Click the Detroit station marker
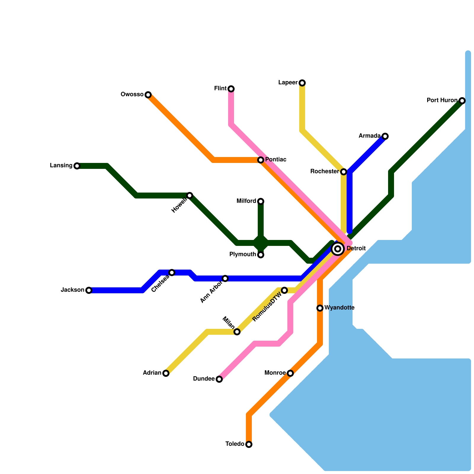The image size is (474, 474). pyautogui.click(x=338, y=249)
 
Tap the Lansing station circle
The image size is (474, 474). pyautogui.click(x=77, y=166)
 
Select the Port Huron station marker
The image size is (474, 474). pyautogui.click(x=462, y=101)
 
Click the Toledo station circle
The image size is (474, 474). pyautogui.click(x=249, y=444)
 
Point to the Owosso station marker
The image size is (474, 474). pyautogui.click(x=148, y=95)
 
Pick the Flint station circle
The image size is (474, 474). pyautogui.click(x=231, y=89)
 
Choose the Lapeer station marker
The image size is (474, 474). pyautogui.click(x=302, y=83)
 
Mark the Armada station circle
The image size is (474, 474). pyautogui.click(x=385, y=136)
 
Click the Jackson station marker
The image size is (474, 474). pyautogui.click(x=89, y=290)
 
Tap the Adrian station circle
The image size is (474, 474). pyautogui.click(x=166, y=373)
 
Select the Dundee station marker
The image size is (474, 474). pyautogui.click(x=219, y=379)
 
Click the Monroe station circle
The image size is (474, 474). pyautogui.click(x=290, y=373)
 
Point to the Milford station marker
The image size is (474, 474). pyautogui.click(x=261, y=201)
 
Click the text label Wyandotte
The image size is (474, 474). pyautogui.click(x=339, y=308)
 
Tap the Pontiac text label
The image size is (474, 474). pyautogui.click(x=276, y=160)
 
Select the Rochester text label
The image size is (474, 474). pyautogui.click(x=324, y=172)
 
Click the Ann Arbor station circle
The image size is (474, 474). pyautogui.click(x=225, y=278)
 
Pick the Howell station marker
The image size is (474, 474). pyautogui.click(x=190, y=196)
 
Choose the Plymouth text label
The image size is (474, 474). pyautogui.click(x=242, y=254)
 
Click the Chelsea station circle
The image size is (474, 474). pyautogui.click(x=172, y=273)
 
